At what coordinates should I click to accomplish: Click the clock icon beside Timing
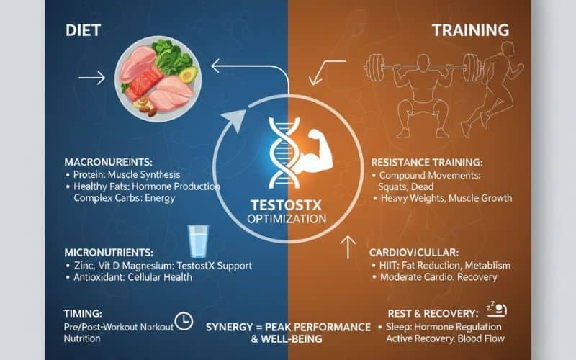point(184,322)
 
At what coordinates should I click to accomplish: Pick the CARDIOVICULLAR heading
point(415,252)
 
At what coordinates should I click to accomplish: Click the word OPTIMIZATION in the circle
point(287,218)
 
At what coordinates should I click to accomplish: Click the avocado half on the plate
point(187,76)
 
